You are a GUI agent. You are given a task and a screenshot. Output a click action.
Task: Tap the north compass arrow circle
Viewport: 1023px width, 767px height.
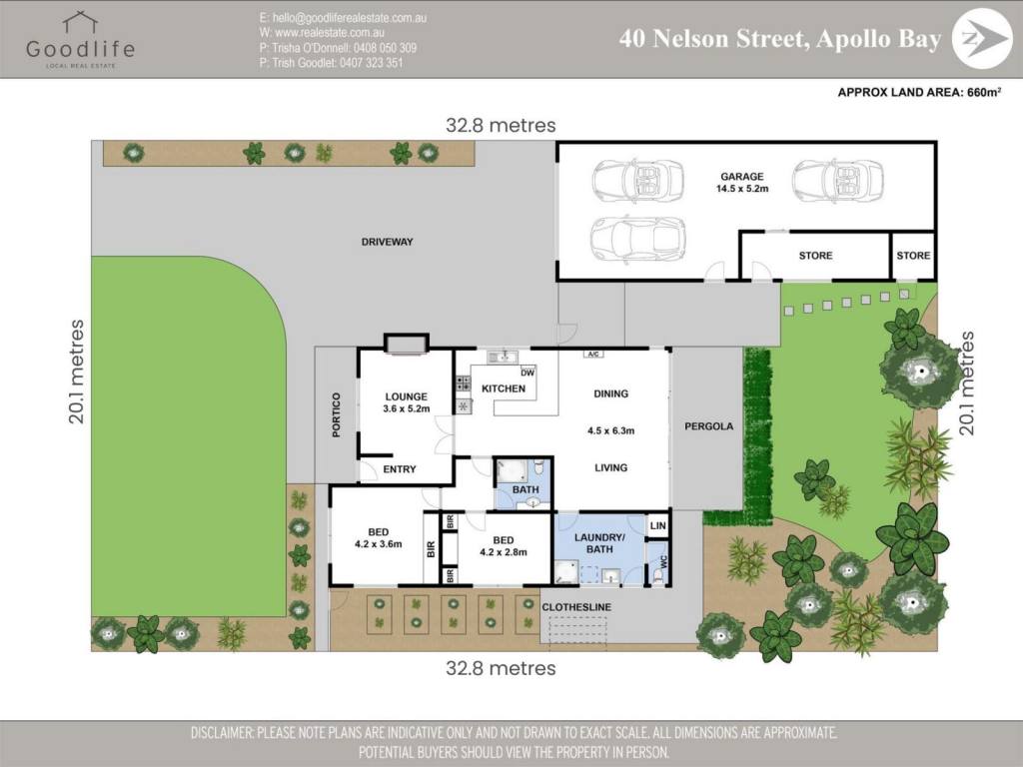click(x=982, y=39)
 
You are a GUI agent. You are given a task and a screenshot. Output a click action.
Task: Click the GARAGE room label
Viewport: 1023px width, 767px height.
click(x=742, y=183)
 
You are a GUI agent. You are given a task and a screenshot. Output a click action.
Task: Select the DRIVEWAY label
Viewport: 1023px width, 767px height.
click(x=387, y=242)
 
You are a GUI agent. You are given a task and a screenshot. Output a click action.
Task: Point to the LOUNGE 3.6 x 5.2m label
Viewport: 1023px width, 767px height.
click(x=406, y=402)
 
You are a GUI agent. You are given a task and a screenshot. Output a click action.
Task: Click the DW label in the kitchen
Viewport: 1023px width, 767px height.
click(x=527, y=374)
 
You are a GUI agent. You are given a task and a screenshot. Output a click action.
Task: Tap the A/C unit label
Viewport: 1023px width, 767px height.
click(x=593, y=355)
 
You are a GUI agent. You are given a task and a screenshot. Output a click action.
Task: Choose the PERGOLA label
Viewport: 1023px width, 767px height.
click(x=708, y=426)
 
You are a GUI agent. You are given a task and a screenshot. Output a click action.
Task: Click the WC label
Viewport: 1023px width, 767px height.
click(x=664, y=561)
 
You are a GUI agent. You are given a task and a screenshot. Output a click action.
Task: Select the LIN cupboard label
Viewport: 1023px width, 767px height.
click(x=657, y=525)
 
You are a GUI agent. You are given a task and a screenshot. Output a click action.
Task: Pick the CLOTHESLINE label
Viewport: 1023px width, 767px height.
click(x=576, y=607)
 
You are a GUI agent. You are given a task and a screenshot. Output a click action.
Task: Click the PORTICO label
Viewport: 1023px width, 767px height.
click(x=337, y=414)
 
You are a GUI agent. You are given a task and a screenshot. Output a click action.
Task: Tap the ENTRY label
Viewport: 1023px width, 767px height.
click(x=400, y=469)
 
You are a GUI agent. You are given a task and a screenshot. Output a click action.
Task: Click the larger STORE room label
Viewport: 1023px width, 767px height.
click(x=815, y=256)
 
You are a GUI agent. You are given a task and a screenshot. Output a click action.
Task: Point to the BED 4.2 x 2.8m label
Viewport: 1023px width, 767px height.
click(x=504, y=546)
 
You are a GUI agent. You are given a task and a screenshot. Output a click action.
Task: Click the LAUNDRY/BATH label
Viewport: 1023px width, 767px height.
click(x=599, y=543)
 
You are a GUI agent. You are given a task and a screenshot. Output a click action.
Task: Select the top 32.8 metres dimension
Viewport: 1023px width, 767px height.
click(x=501, y=125)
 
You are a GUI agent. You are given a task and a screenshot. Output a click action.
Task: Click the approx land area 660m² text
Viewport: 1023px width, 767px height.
click(x=919, y=93)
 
